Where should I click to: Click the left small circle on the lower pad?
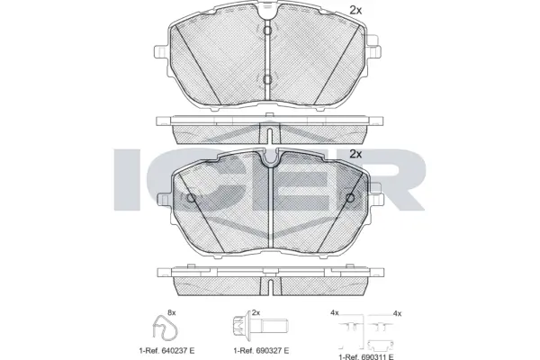pos(190,197)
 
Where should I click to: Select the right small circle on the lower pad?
pos(347,197)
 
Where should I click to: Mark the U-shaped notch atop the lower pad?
pos(268,160)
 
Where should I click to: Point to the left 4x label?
pos(334,312)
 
